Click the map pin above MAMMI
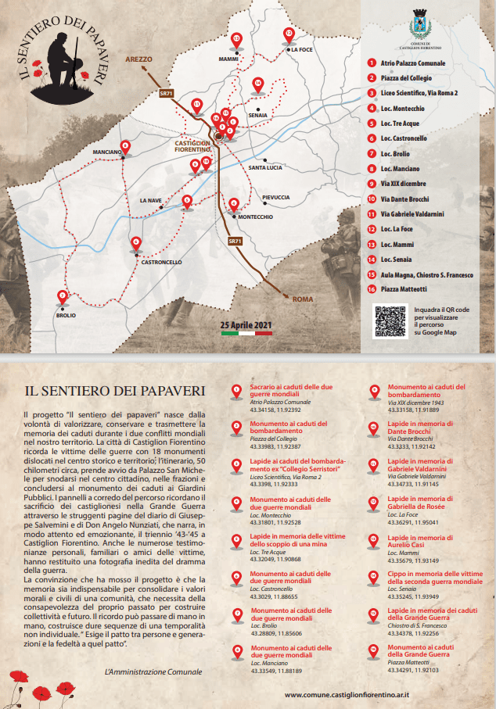(x=236, y=40)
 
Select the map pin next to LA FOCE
(x=289, y=35)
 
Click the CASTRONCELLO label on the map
(x=161, y=262)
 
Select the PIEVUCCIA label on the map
(x=276, y=197)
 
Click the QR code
(x=390, y=321)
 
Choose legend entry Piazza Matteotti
(x=404, y=288)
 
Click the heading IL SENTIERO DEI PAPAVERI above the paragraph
(x=115, y=389)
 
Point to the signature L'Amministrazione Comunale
(x=152, y=671)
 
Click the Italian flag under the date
(x=246, y=333)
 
